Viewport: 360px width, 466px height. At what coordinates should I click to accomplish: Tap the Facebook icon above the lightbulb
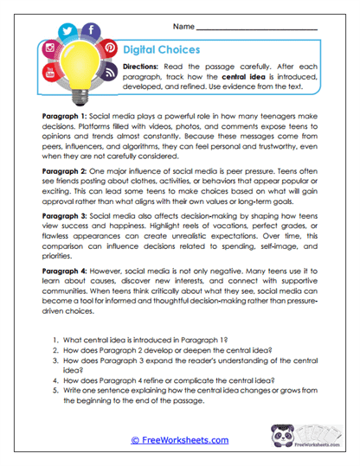pos(92,30)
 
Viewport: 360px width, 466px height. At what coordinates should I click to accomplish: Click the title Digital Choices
pos(161,50)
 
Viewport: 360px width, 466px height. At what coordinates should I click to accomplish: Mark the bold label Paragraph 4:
pos(66,270)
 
